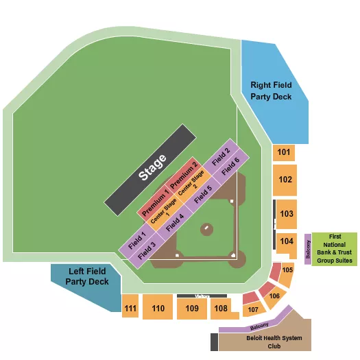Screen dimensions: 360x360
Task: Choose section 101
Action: click(x=285, y=152)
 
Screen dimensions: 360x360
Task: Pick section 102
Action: click(x=285, y=180)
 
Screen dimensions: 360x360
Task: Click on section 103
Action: click(x=286, y=214)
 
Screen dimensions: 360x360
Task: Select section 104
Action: click(x=286, y=241)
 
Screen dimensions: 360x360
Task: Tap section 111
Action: click(x=130, y=309)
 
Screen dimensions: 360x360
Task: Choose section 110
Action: click(x=158, y=309)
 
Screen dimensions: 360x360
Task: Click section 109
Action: click(x=191, y=309)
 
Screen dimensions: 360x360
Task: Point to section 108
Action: click(x=220, y=309)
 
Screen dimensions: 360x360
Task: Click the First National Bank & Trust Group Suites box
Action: click(x=335, y=248)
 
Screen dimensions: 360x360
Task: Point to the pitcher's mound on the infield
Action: click(x=206, y=228)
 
